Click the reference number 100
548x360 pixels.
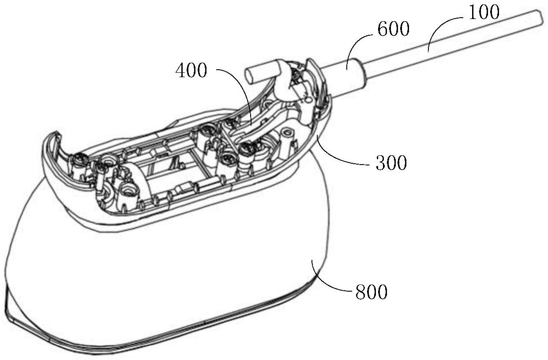coord(484,12)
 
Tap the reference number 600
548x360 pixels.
coord(394,29)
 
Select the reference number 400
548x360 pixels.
coord(191,70)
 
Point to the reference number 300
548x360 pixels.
coord(391,163)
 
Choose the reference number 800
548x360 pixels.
coord(372,292)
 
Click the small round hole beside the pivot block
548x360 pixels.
coord(308,100)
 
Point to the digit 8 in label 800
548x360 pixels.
coord(361,292)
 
